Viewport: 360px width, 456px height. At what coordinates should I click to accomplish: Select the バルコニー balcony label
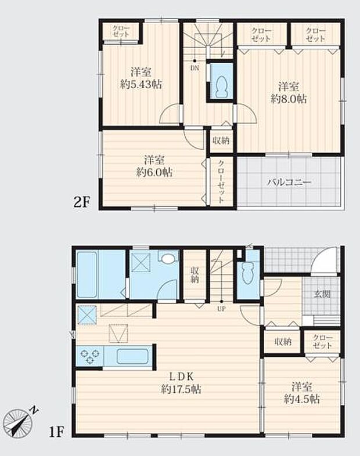click(x=289, y=182)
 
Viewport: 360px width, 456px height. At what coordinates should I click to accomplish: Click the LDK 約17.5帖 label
click(x=181, y=383)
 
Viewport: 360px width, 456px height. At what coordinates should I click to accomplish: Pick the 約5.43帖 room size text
click(x=141, y=84)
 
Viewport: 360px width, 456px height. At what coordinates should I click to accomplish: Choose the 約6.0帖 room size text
click(x=154, y=172)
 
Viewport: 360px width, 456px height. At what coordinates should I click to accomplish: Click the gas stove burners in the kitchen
click(x=89, y=356)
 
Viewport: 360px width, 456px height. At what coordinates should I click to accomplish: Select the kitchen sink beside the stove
click(x=133, y=356)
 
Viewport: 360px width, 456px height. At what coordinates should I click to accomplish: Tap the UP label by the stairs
click(x=221, y=308)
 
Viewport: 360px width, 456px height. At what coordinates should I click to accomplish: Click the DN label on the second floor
click(x=194, y=67)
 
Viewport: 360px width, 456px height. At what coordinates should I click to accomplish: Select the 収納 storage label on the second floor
click(x=221, y=140)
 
